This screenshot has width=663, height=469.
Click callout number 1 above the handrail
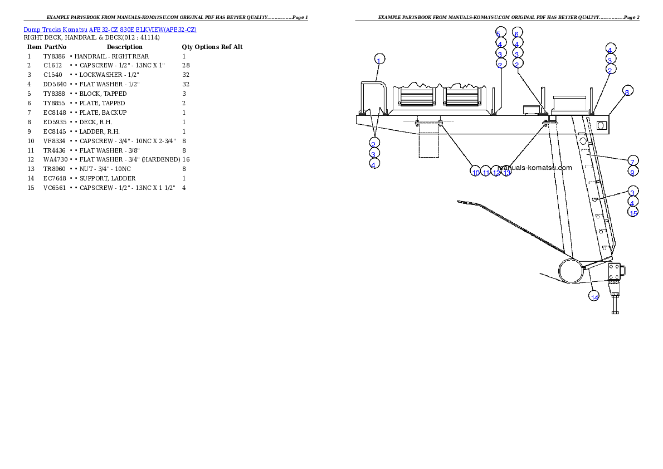coord(379,60)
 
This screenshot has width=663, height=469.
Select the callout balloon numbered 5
coord(500,32)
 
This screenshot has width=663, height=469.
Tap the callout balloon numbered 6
coord(517,32)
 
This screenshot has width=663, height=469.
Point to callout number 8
coord(627,92)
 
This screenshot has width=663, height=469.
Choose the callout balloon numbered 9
coord(632,172)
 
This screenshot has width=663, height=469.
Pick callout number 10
coord(475,172)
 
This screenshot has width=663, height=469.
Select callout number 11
coord(486,172)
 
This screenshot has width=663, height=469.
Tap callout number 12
coord(496,172)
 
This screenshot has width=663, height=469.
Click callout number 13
coord(506,172)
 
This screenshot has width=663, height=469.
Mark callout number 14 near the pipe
coord(594,296)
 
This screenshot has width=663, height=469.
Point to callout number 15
coord(632,212)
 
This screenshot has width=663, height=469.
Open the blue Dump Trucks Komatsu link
coord(110,29)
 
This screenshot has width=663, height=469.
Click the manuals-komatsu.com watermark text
coord(535,167)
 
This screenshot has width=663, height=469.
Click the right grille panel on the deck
coord(462,97)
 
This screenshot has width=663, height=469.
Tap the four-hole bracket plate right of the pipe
coord(615,272)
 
